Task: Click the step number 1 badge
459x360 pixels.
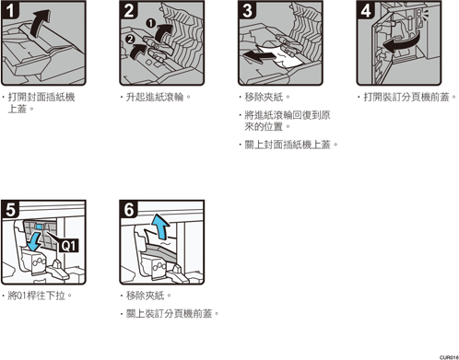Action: pyautogui.click(x=10, y=10)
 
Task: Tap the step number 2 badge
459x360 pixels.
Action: pyautogui.click(x=129, y=10)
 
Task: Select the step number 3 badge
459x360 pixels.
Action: pyautogui.click(x=247, y=10)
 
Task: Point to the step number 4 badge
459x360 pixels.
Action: pyautogui.click(x=366, y=10)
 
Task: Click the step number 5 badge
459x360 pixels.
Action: pyautogui.click(x=10, y=210)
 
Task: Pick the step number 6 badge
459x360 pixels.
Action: pyautogui.click(x=129, y=210)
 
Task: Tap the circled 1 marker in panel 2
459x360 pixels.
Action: pyautogui.click(x=150, y=23)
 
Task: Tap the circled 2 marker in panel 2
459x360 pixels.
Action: pyautogui.click(x=130, y=39)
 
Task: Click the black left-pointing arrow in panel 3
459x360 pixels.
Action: pyautogui.click(x=258, y=56)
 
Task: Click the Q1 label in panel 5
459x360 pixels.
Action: pyautogui.click(x=68, y=246)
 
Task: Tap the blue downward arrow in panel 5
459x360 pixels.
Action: pyautogui.click(x=33, y=241)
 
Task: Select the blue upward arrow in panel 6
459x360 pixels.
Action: pyautogui.click(x=161, y=226)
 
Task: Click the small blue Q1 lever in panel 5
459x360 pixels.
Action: pyautogui.click(x=40, y=226)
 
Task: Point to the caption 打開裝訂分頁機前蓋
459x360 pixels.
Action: pyautogui.click(x=407, y=98)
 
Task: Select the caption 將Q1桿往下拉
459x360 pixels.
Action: pyautogui.click(x=37, y=296)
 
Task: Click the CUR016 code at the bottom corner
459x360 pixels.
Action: pyautogui.click(x=449, y=357)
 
